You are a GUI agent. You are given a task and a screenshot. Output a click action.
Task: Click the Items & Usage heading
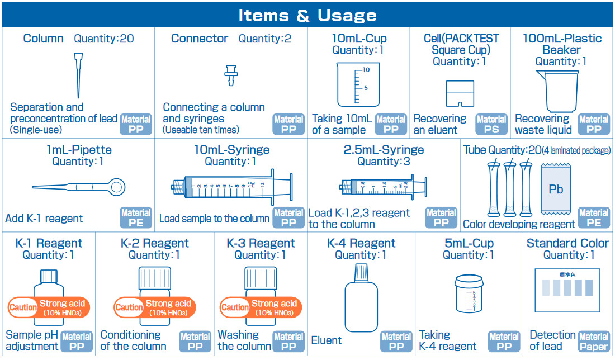307,15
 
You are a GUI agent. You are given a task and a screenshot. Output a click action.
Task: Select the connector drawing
229,75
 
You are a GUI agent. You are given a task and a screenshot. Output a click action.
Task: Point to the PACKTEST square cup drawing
460,94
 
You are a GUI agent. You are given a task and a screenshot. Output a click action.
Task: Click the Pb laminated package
556,189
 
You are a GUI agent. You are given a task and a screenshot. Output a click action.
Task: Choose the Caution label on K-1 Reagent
22,307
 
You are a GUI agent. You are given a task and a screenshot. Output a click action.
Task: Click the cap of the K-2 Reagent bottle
154,277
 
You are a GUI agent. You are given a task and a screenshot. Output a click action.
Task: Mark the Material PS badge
491,124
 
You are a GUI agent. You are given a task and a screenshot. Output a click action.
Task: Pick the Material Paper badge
594,341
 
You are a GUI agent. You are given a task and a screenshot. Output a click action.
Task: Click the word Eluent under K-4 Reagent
327,340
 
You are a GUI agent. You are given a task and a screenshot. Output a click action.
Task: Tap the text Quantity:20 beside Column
104,39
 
